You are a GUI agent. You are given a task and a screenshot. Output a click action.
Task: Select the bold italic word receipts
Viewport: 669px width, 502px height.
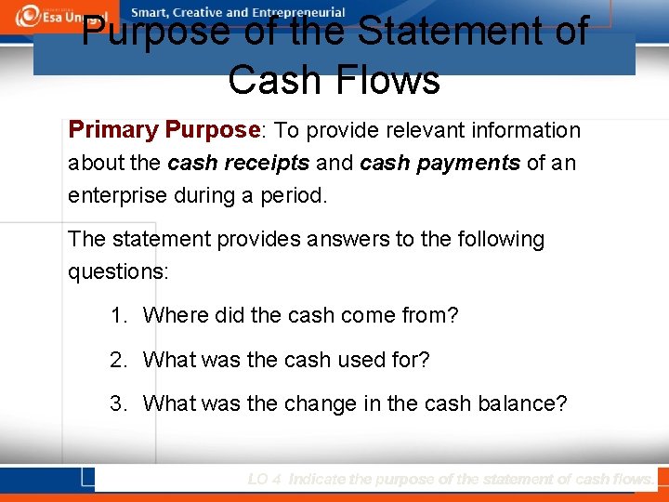click(269, 163)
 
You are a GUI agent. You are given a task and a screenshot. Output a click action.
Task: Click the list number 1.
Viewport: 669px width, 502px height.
click(117, 315)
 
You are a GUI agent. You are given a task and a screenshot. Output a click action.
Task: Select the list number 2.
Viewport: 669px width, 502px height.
click(117, 359)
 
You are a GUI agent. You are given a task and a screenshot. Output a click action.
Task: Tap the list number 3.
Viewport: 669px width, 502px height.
click(117, 403)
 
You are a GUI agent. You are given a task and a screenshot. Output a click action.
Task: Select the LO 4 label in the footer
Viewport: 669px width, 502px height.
click(265, 479)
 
